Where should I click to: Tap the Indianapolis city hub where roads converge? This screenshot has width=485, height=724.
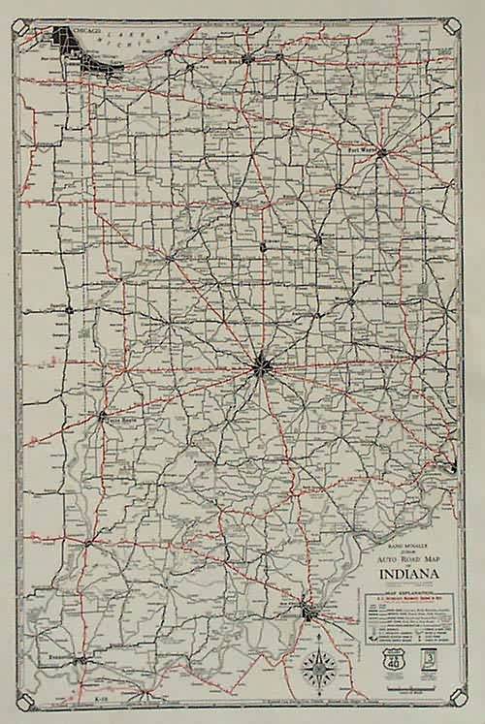261,365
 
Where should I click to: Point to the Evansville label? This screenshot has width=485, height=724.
60,657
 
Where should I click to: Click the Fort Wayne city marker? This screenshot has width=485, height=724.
382,152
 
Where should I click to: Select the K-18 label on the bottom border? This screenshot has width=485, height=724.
100,698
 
